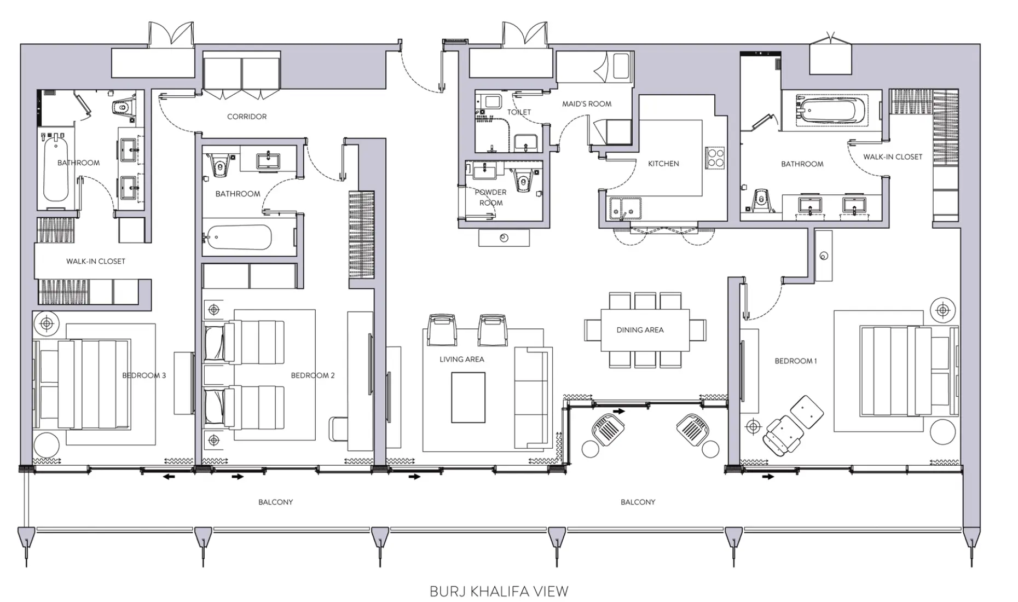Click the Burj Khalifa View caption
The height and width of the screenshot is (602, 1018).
pyautogui.click(x=499, y=592)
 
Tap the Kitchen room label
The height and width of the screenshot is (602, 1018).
pyautogui.click(x=663, y=164)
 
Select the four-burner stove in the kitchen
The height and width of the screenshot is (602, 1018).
pyautogui.click(x=714, y=158)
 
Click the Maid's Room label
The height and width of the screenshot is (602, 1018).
pyautogui.click(x=587, y=104)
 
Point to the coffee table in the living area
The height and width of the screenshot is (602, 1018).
pyautogui.click(x=468, y=397)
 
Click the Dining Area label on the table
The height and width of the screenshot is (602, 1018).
pyautogui.click(x=640, y=330)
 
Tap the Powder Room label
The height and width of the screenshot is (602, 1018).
pyautogui.click(x=491, y=198)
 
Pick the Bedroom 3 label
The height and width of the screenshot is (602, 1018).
pyautogui.click(x=144, y=375)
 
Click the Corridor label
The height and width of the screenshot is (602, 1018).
pyautogui.click(x=247, y=117)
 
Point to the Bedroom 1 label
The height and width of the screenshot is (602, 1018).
pyautogui.click(x=795, y=361)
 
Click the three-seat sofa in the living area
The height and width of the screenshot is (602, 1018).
pyautogui.click(x=531, y=398)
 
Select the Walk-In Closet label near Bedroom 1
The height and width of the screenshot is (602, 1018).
pyautogui.click(x=893, y=157)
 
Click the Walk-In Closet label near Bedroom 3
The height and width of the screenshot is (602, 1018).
pyautogui.click(x=96, y=262)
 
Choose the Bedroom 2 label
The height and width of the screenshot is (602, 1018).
pyautogui.click(x=313, y=375)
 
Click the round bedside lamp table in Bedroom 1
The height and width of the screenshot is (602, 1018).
pyautogui.click(x=942, y=310)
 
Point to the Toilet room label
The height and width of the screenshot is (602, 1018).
pyautogui.click(x=519, y=112)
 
